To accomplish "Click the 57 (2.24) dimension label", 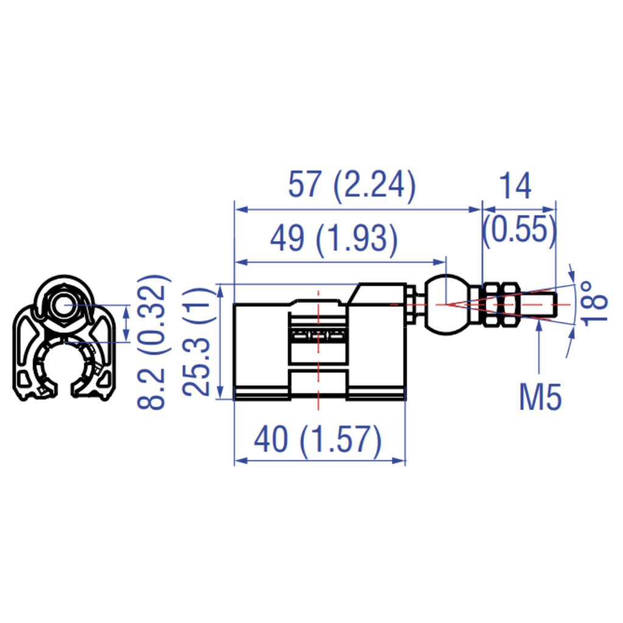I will pyautogui.click(x=352, y=186).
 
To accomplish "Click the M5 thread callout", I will pyautogui.click(x=540, y=398).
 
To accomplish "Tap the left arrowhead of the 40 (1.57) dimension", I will pyautogui.click(x=239, y=461).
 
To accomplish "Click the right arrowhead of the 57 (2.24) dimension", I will pyautogui.click(x=477, y=210).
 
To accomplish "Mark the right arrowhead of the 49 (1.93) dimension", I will pyautogui.click(x=442, y=262).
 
